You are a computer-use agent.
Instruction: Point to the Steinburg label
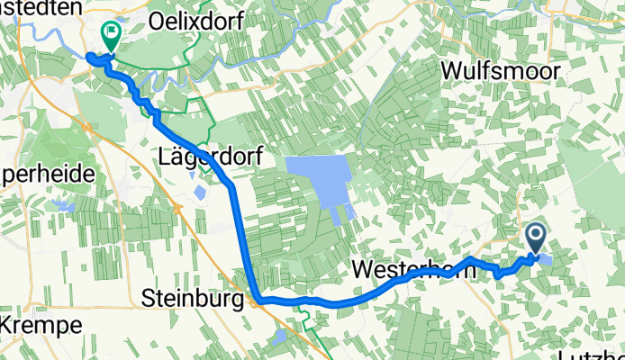tap(193, 297)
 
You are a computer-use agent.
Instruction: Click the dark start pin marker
tap(536, 238)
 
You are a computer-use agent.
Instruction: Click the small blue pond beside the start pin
tap(547, 259)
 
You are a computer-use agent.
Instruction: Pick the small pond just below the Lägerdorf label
tap(196, 190)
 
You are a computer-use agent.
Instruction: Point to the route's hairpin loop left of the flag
tap(92, 59)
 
